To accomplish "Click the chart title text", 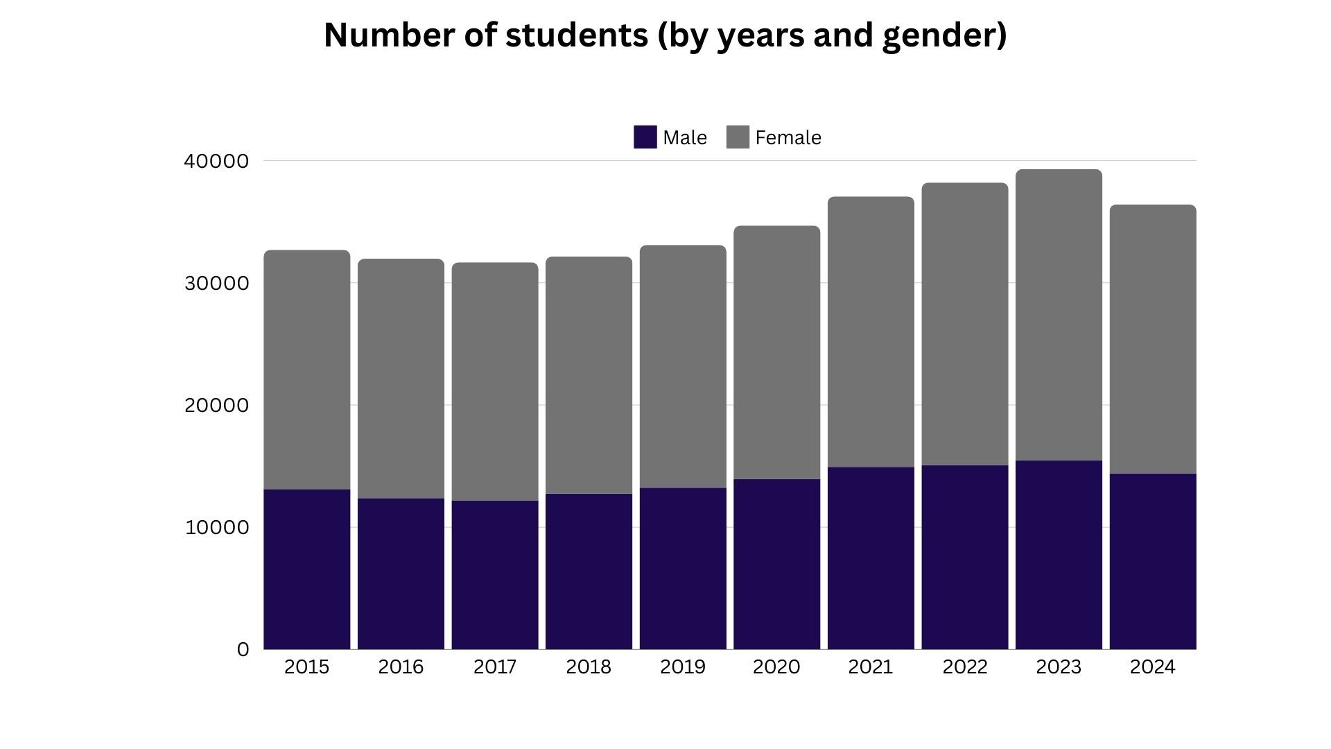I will (x=665, y=35).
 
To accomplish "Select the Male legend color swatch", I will (x=645, y=137).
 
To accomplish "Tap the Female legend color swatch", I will (x=738, y=137).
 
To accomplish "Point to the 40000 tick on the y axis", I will (x=216, y=161).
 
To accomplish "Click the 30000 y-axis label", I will (x=216, y=283).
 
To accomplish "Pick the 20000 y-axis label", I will (x=216, y=405).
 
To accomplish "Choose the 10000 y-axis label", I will (x=216, y=527).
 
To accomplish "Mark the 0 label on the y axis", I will (x=243, y=649).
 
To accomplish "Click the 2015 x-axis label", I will (x=306, y=666).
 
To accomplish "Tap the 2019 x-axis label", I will (x=682, y=666).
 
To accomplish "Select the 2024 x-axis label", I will (x=1152, y=666).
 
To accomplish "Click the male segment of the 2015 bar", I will (x=306, y=569).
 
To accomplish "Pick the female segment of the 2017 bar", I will (x=494, y=381).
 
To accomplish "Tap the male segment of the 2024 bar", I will (x=1152, y=562).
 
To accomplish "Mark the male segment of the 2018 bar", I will (x=589, y=571).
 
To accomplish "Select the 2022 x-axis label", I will (x=964, y=666).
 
